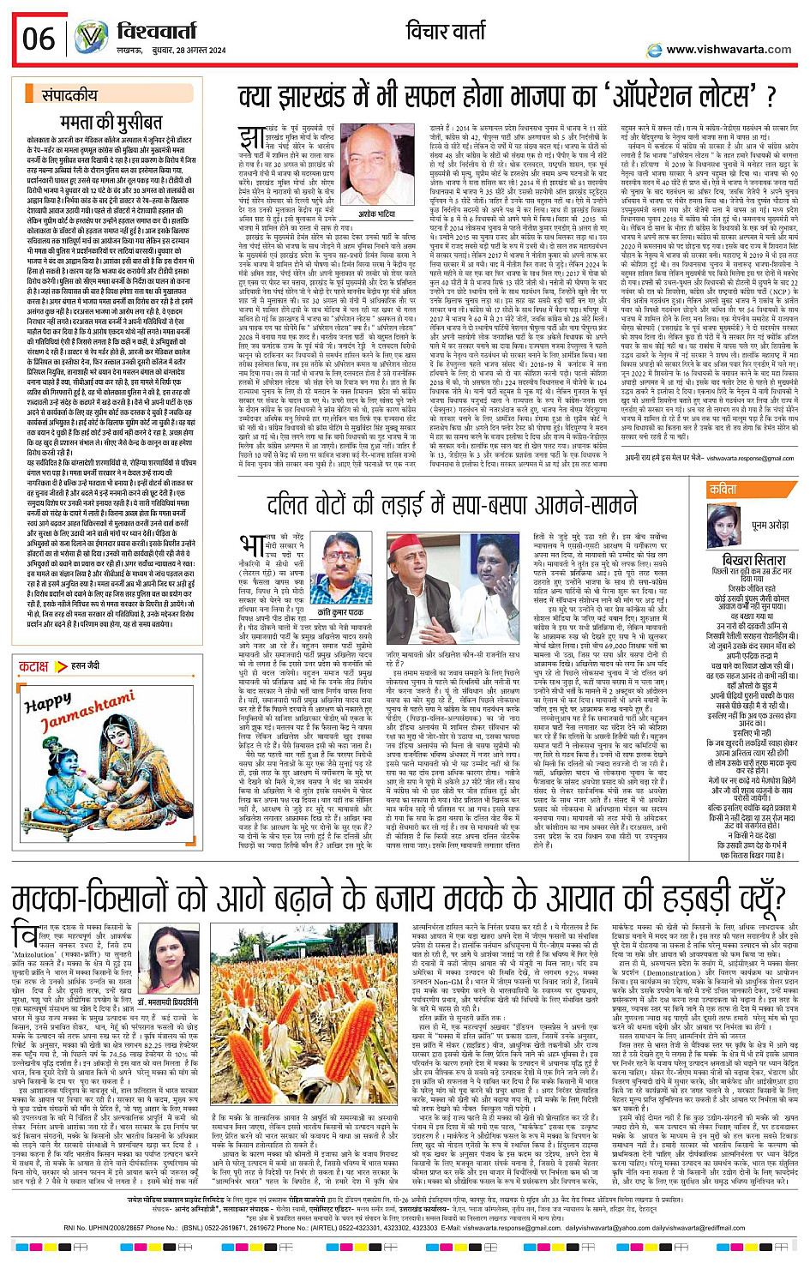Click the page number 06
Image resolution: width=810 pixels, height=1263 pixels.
(x=39, y=39)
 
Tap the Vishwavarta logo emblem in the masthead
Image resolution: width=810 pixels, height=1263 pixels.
(x=92, y=38)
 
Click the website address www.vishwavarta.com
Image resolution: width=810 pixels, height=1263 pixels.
(x=729, y=50)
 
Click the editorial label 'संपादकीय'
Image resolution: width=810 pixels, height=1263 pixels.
(x=69, y=95)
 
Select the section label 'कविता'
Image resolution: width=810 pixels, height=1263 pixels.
(x=723, y=490)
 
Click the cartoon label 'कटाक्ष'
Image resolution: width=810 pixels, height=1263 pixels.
(x=33, y=666)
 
